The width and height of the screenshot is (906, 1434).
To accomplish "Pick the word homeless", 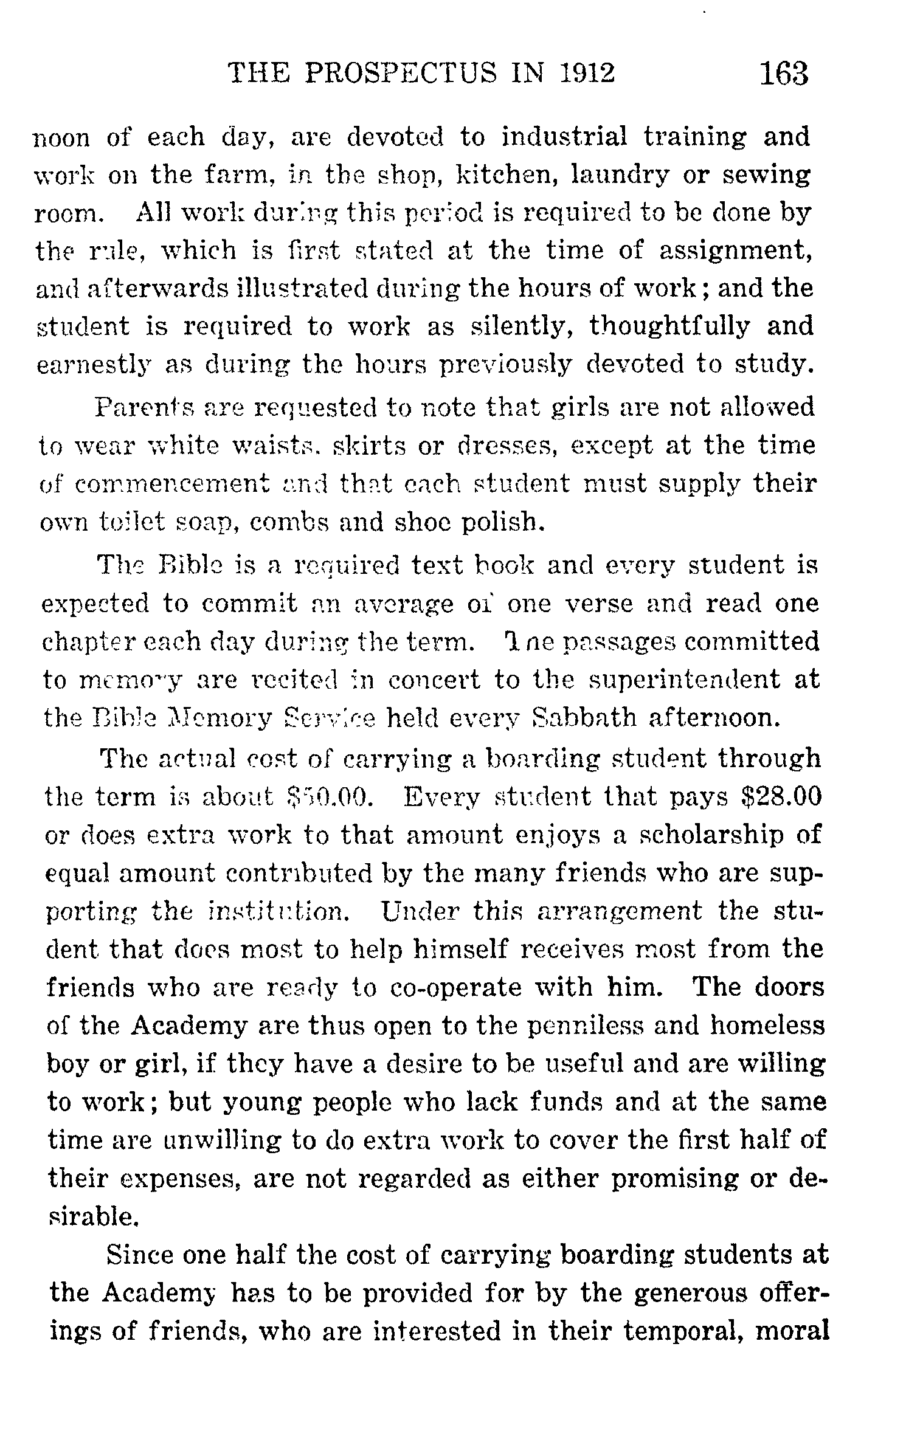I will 767,1026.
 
